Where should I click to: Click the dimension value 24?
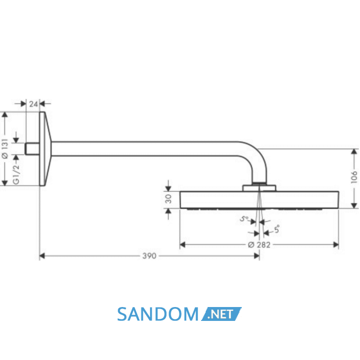[33, 104]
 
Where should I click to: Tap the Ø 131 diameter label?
[5, 149]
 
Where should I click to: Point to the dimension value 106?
[354, 177]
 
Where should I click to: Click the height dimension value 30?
[168, 199]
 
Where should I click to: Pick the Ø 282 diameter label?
[259, 245]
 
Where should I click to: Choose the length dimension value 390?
[149, 256]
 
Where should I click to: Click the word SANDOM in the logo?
[158, 314]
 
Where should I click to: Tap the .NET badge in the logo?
[221, 314]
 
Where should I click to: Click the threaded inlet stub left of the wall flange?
[32, 149]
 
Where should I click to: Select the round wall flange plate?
[45, 149]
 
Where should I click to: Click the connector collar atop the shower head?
[259, 188]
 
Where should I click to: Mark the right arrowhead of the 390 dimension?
[257, 256]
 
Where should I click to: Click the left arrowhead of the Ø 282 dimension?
[183, 245]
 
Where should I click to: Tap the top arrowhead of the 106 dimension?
[354, 152]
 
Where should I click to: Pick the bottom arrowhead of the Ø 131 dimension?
[5, 183]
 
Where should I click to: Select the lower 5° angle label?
[277, 229]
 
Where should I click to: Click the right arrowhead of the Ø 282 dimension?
[336, 245]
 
